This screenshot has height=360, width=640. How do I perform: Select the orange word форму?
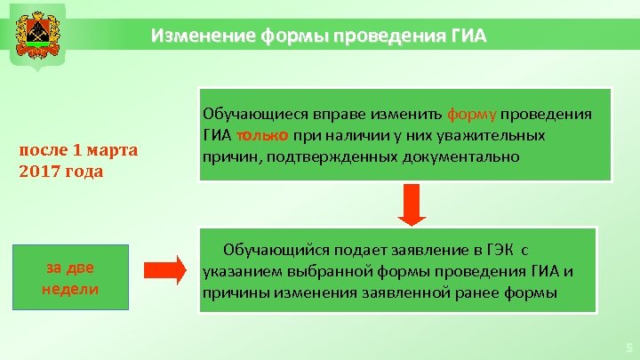tap(472, 115)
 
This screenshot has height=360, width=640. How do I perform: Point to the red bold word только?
tap(261, 135)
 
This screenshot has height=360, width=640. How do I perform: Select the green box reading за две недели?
tap(70, 277)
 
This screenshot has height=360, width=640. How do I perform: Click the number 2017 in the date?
tap(37, 171)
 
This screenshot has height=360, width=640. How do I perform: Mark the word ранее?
tap(456, 293)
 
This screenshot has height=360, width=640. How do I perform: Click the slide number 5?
tap(628, 348)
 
